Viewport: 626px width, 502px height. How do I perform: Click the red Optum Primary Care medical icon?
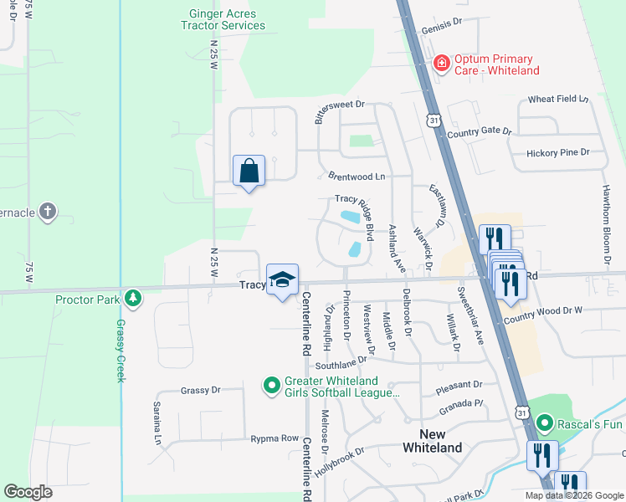pos(440,64)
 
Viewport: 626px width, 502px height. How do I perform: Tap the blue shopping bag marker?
pos(249,171)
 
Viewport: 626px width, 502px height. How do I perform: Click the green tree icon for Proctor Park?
pos(132,299)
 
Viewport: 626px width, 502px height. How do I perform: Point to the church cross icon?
pos(48,212)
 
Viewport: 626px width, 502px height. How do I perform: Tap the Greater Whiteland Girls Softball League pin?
pos(271,386)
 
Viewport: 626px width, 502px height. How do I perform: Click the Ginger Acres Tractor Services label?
pos(223,18)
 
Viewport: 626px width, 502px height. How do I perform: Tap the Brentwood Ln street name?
pos(357,177)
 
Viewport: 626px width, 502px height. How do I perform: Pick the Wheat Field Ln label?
pos(558,100)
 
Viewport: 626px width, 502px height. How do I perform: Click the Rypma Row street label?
pos(275,438)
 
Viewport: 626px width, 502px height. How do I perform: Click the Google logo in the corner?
pos(28,492)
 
